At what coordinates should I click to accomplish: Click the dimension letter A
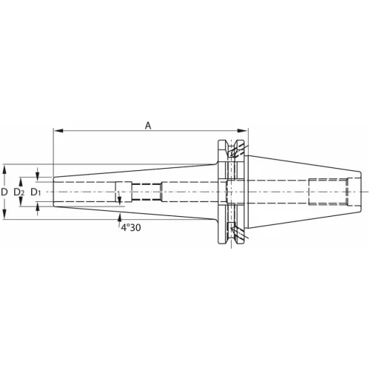[x=148, y=126]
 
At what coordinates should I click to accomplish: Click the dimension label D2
[x=19, y=192]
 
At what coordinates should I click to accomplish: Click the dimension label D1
[x=36, y=192]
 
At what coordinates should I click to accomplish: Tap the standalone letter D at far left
[x=4, y=192]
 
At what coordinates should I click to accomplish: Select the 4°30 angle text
[x=131, y=227]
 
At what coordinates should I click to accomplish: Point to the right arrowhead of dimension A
[x=242, y=131]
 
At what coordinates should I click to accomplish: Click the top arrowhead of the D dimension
[x=4, y=169]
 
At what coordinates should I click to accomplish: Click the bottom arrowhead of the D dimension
[x=4, y=214]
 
